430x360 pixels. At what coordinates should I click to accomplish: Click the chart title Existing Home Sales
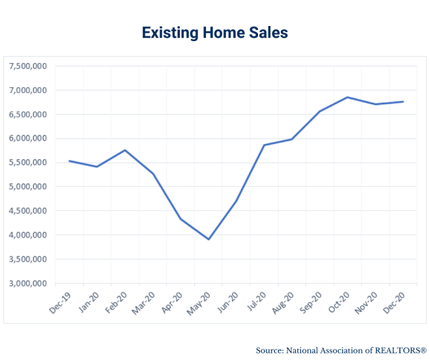[x=214, y=32]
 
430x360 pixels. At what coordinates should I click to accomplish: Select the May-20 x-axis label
[x=201, y=301]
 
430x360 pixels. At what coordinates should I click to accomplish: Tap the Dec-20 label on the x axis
[x=395, y=301]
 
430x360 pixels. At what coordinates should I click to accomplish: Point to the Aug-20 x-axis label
[x=284, y=301]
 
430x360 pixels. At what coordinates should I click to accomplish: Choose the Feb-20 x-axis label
[x=117, y=301]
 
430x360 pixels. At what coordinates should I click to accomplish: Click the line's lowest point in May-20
[x=208, y=240]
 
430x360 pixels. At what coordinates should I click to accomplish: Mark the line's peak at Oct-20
[x=348, y=97]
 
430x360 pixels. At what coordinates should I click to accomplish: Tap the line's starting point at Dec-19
[x=69, y=161]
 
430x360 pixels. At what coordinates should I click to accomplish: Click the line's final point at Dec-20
[x=403, y=102]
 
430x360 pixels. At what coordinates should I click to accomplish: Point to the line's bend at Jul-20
[x=264, y=145]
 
